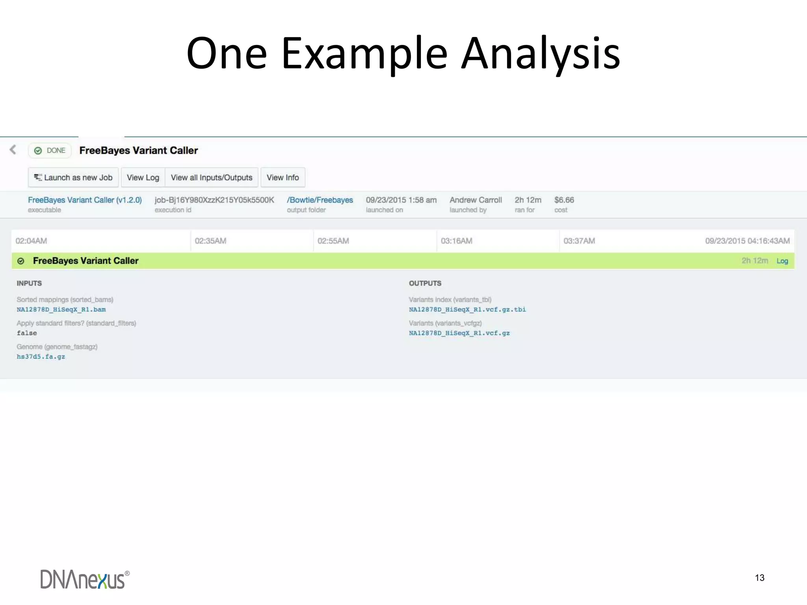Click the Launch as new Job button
click(x=73, y=178)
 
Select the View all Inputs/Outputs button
click(x=211, y=178)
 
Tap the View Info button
click(x=283, y=178)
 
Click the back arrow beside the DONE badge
click(x=13, y=150)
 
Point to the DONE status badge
click(x=50, y=150)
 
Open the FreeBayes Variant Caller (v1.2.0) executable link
click(x=85, y=200)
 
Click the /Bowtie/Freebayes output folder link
click(x=320, y=200)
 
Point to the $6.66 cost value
click(x=564, y=200)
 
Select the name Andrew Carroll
click(x=476, y=200)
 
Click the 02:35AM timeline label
click(x=210, y=241)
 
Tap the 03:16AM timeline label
click(x=456, y=241)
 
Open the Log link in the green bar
click(x=782, y=261)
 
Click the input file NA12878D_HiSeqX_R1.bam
click(x=61, y=310)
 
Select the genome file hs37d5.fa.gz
click(x=41, y=357)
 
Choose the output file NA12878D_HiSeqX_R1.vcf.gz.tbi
click(x=467, y=310)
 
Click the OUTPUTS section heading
click(x=425, y=284)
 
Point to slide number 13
click(x=759, y=578)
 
